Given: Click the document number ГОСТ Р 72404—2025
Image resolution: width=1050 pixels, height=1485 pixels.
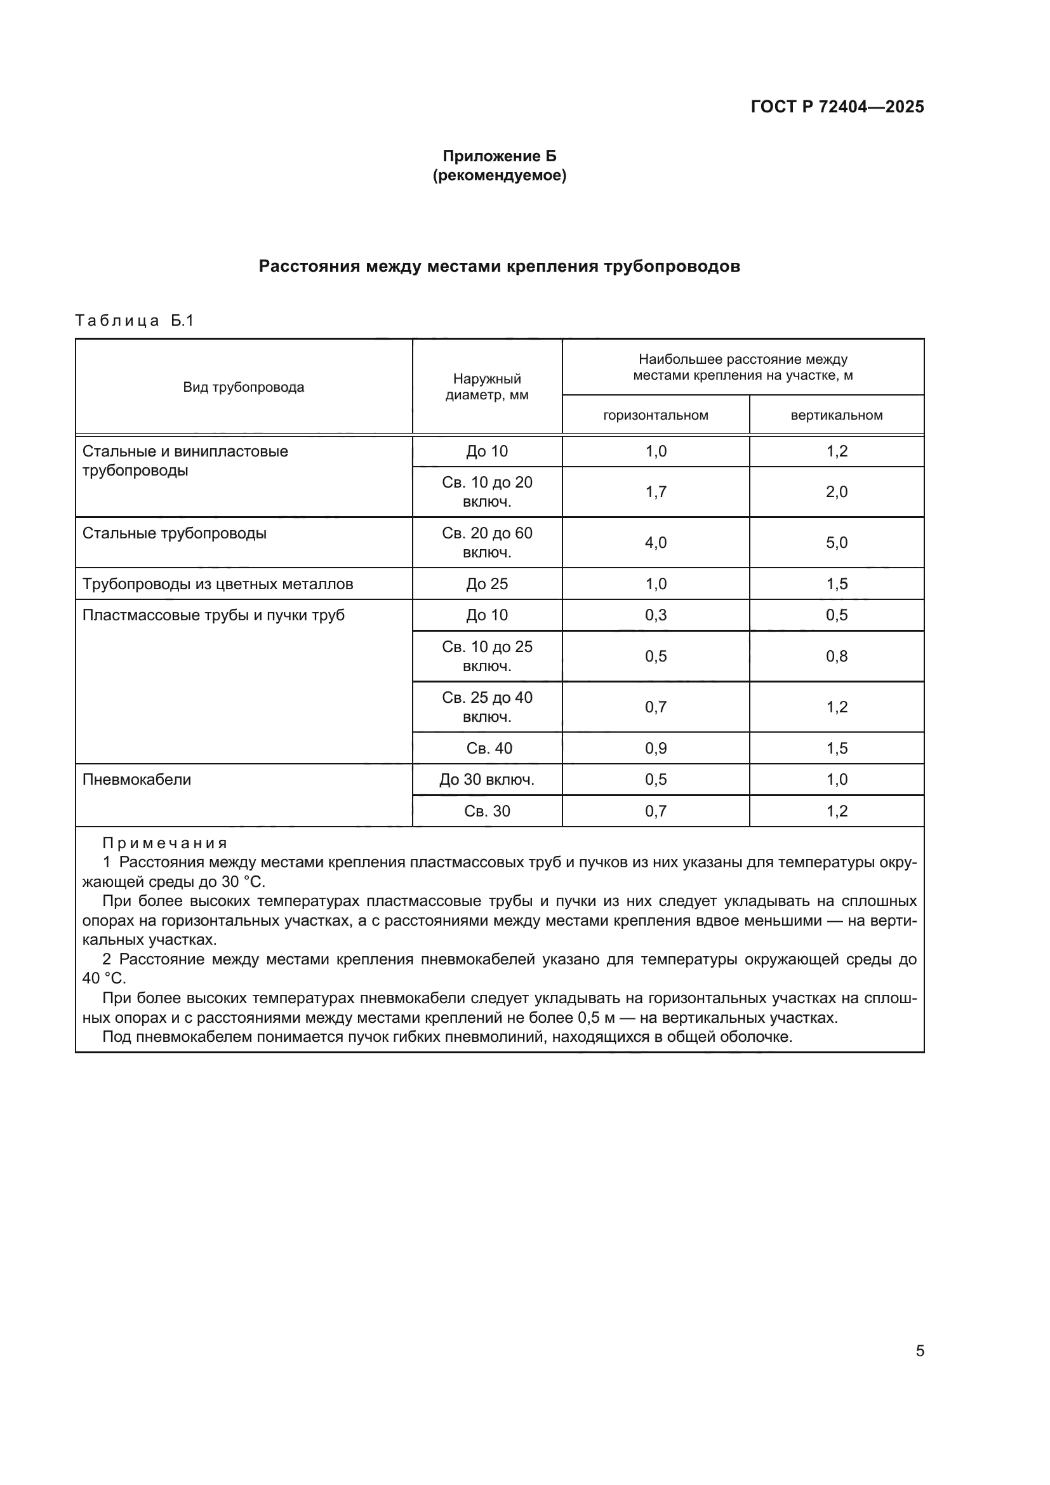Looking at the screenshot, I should click(x=837, y=107).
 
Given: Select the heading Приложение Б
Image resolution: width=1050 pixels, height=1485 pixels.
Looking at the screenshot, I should click(x=499, y=156).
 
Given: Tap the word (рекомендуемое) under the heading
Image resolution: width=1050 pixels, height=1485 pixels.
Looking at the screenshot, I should click(x=499, y=175).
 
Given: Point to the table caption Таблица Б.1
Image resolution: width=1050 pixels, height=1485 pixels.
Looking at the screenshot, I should click(x=135, y=321).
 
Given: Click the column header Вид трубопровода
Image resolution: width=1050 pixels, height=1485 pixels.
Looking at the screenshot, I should click(x=243, y=387).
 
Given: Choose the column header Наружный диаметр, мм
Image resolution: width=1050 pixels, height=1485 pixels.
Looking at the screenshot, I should click(x=487, y=387).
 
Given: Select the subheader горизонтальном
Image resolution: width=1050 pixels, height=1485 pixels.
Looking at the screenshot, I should click(x=656, y=415).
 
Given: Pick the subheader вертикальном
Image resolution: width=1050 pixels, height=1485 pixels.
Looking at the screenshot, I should click(x=836, y=415).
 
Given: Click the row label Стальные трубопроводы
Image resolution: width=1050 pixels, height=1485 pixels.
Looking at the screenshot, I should click(x=175, y=533).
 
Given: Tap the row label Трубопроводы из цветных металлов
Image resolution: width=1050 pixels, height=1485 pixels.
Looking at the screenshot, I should click(x=218, y=584).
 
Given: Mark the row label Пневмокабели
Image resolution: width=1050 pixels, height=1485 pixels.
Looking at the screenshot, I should click(x=137, y=780).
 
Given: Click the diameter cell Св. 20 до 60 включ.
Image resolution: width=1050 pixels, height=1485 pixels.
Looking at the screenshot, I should click(x=487, y=543).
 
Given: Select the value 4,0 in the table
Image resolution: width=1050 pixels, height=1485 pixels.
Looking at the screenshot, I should click(x=656, y=543).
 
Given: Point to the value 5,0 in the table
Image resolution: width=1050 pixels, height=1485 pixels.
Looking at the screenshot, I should click(x=836, y=543).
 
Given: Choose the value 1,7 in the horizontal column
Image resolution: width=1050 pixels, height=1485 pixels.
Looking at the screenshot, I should click(x=656, y=492).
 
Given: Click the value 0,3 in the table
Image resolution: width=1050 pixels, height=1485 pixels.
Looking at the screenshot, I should click(x=656, y=615).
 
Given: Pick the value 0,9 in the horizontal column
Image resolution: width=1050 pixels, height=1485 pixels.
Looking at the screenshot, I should click(x=656, y=749).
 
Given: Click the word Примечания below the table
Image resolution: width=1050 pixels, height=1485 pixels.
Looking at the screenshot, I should click(x=165, y=843).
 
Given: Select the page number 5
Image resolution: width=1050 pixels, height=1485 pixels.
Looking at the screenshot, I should click(x=919, y=1350).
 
